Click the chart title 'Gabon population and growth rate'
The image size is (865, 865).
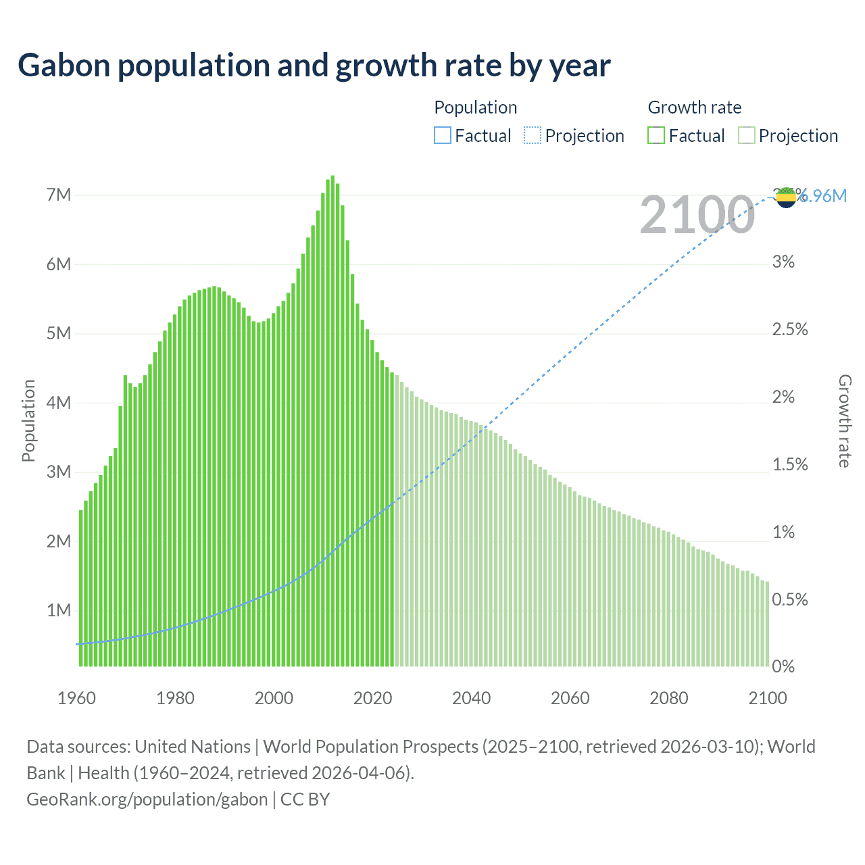tap(314, 66)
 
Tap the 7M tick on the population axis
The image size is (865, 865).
tap(59, 195)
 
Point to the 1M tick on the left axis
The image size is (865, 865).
tap(59, 610)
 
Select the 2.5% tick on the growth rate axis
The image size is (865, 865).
tap(790, 330)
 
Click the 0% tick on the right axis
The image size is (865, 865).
tap(783, 667)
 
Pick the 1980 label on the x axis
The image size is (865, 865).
tap(175, 698)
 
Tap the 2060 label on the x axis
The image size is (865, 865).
tap(570, 698)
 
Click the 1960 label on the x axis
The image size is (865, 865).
tap(76, 698)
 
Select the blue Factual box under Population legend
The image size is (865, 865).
tap(442, 136)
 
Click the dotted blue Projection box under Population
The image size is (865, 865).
tap(533, 136)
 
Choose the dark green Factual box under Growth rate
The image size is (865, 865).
tap(656, 136)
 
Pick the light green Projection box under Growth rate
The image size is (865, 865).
tap(746, 136)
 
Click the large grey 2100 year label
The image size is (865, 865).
tap(697, 216)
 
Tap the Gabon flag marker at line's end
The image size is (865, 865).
tap(786, 197)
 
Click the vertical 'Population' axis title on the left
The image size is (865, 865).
tap(28, 420)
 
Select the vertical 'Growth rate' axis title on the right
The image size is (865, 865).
tap(845, 420)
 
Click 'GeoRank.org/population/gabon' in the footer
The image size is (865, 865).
tap(147, 799)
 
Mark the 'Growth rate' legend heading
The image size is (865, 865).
tap(694, 107)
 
